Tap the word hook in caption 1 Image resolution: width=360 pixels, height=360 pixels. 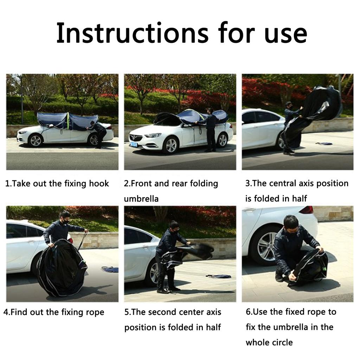click(99, 183)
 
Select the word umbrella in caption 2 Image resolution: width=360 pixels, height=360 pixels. click(141, 198)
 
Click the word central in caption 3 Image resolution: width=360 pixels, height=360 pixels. click(283, 183)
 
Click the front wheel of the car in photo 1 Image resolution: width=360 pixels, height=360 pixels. click(36, 141)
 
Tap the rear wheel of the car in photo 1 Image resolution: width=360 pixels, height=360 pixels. click(94, 140)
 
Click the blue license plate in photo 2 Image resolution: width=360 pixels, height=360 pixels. click(134, 144)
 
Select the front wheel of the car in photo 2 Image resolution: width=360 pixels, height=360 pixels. click(171, 145)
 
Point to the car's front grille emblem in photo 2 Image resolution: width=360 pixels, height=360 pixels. click(133, 138)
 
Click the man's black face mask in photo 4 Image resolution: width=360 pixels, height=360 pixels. click(65, 222)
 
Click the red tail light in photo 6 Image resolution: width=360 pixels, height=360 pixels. click(307, 210)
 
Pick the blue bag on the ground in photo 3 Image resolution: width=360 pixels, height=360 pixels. click(324, 143)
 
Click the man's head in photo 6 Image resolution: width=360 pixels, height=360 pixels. click(291, 225)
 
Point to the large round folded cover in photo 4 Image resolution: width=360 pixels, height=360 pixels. click(62, 268)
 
